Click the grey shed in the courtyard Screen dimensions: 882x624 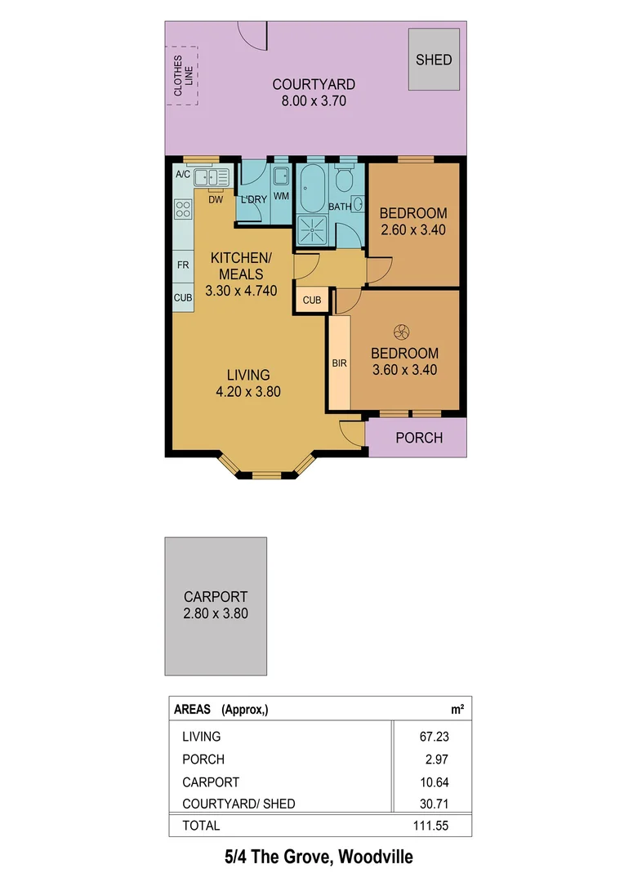[433, 60]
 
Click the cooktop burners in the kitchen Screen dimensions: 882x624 [183, 208]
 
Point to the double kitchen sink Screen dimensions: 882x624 [212, 177]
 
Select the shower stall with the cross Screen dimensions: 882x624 [311, 229]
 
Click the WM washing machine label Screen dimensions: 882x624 [281, 197]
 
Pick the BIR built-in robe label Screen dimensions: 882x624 [339, 363]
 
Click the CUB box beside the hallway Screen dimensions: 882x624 [312, 301]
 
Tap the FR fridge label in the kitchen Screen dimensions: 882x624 [183, 265]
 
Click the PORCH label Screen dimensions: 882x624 [419, 438]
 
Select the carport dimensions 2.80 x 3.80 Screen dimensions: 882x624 [216, 613]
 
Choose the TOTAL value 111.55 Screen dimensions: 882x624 [430, 826]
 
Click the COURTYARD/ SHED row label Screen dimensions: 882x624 [238, 804]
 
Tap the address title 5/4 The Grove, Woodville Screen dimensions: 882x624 [319, 857]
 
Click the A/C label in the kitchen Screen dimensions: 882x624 [183, 175]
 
